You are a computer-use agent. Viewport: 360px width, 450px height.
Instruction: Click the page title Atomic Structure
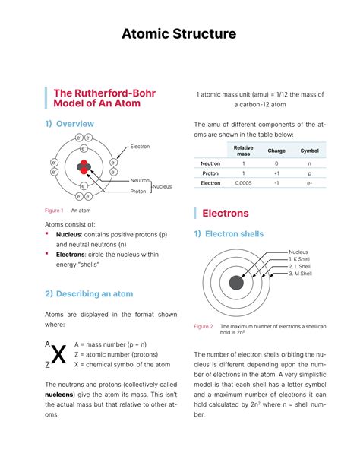click(180, 34)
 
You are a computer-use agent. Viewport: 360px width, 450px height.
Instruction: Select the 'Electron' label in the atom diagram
click(140, 146)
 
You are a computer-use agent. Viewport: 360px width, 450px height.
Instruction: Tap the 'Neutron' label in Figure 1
click(139, 180)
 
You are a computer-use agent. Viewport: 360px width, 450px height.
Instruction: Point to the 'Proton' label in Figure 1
click(137, 192)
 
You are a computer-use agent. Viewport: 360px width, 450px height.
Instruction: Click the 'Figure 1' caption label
click(53, 210)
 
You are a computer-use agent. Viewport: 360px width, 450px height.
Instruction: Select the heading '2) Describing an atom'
click(88, 294)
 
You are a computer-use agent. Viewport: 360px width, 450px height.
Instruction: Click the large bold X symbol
click(58, 354)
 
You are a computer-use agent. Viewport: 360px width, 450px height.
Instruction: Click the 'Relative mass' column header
click(243, 151)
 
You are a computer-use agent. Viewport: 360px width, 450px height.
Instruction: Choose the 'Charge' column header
click(276, 151)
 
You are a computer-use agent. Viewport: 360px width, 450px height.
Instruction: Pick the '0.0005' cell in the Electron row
click(243, 183)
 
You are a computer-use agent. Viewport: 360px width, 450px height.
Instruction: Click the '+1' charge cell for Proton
click(276, 173)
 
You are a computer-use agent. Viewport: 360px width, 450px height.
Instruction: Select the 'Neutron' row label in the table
click(210, 163)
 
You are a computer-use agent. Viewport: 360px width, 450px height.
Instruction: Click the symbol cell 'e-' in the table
click(310, 183)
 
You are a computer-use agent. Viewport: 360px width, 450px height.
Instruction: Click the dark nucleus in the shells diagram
click(236, 282)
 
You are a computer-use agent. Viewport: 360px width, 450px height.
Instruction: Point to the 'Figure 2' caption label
click(203, 326)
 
